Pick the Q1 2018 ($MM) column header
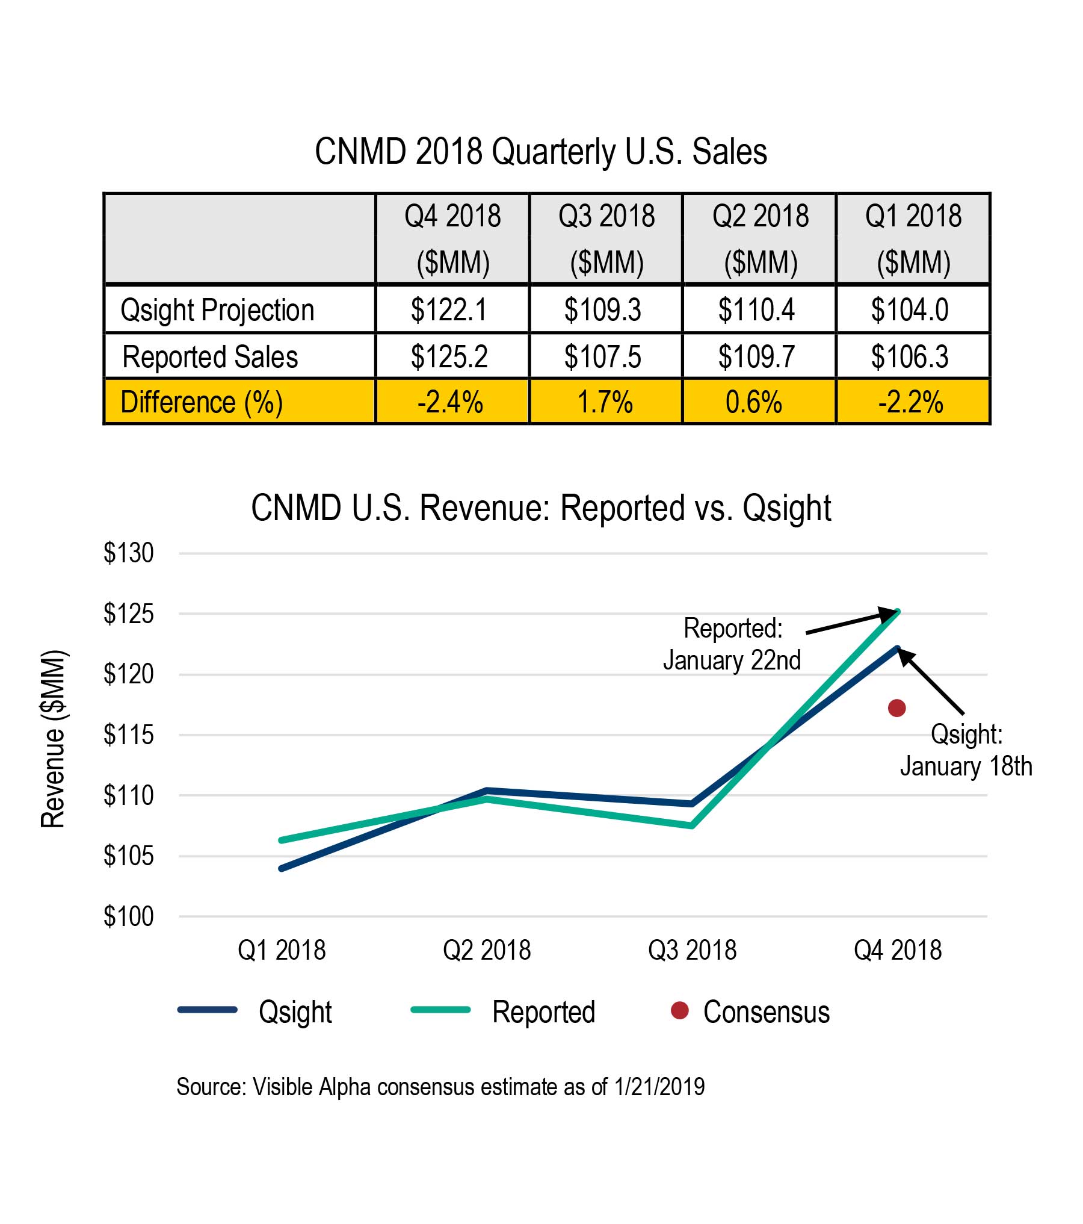coord(913,239)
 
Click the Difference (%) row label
coord(202,402)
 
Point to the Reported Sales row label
coord(210,356)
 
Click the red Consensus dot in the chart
coord(896,708)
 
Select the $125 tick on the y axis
coord(128,614)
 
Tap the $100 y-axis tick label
coord(128,917)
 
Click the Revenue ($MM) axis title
coord(53,739)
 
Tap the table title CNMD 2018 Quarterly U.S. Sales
coord(541,152)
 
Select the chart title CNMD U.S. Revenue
coord(541,508)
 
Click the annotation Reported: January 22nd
coord(732,644)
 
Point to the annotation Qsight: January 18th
coord(966,750)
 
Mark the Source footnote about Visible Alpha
coord(440,1087)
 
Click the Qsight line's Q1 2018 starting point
coord(282,868)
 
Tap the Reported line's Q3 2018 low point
coord(692,825)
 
